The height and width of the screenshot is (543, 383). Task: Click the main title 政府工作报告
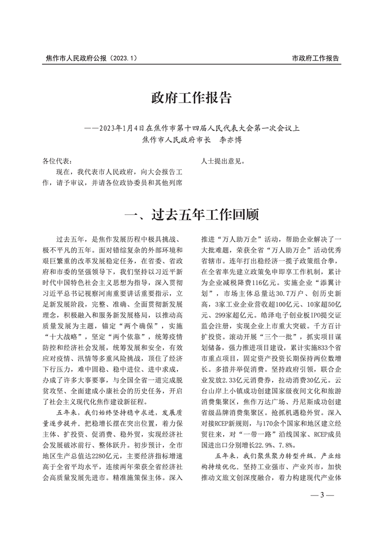tap(191, 98)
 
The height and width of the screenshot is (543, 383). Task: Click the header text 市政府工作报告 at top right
tap(316, 58)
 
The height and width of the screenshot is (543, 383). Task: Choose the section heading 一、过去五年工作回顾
tap(191, 213)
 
